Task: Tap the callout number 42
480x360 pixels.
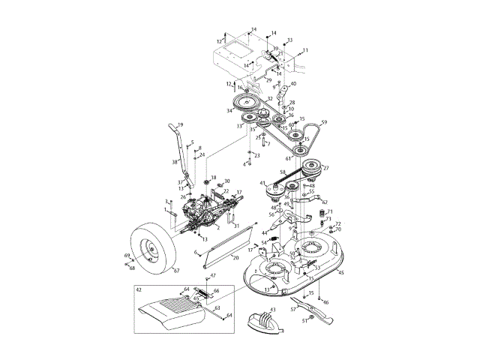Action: pos(139,289)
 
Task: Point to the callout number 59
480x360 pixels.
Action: pos(325,122)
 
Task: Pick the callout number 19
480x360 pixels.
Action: pos(180,125)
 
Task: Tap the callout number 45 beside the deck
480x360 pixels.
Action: pos(341,273)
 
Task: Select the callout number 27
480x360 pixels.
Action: pos(325,168)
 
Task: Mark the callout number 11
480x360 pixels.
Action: pos(305,49)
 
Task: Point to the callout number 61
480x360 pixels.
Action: pos(288,158)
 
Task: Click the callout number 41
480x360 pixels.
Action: pos(262,183)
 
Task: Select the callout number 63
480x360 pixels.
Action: pos(217,307)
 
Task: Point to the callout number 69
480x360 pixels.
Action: pos(127,256)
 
